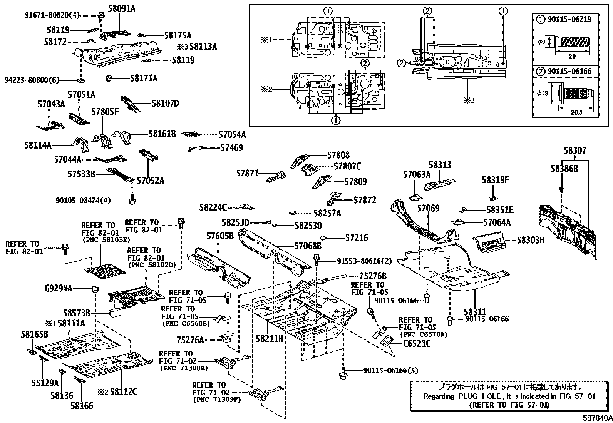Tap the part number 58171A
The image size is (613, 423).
pos(144,78)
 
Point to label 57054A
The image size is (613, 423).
pos(232,135)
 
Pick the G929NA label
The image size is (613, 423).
pos(59,288)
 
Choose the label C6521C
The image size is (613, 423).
pos(417,343)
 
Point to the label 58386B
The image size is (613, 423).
pos(564,169)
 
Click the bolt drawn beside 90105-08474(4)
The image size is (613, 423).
pos(132,199)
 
